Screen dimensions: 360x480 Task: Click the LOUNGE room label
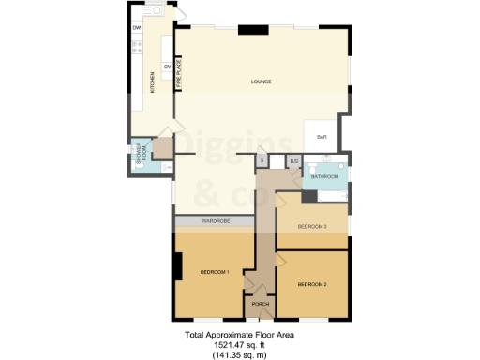coord(262,82)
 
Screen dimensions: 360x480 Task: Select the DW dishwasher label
coord(137,27)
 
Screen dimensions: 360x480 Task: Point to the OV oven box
coord(168,67)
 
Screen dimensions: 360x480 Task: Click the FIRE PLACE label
coord(178,74)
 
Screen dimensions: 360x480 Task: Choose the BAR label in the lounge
coord(322,138)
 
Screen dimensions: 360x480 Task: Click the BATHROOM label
coord(324,176)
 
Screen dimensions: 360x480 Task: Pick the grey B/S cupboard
coord(292,161)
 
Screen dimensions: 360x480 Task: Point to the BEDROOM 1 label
coord(215,273)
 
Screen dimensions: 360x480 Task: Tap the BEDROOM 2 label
coord(312,284)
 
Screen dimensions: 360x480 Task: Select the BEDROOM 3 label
coord(311,227)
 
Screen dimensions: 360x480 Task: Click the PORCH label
coord(261,304)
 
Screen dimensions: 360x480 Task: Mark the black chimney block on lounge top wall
coord(251,29)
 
